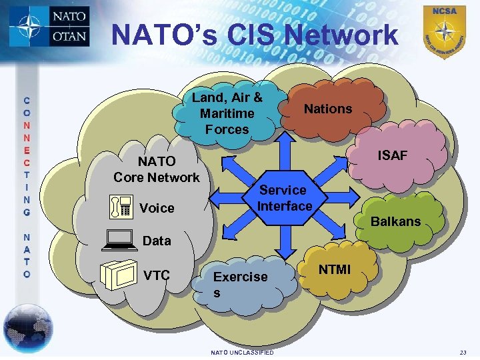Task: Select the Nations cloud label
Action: tap(328, 109)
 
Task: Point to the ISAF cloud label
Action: tap(392, 155)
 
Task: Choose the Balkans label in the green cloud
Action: tap(395, 221)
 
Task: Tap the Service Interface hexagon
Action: tap(285, 198)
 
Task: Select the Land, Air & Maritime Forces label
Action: tap(227, 113)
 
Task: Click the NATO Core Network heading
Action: tap(156, 169)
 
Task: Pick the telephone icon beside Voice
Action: tap(120, 208)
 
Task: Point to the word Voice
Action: tap(157, 208)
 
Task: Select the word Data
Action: tap(157, 241)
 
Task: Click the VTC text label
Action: tap(157, 275)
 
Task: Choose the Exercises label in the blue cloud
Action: tap(240, 284)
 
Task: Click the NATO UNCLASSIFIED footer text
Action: tap(241, 352)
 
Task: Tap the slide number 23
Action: tap(463, 352)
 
